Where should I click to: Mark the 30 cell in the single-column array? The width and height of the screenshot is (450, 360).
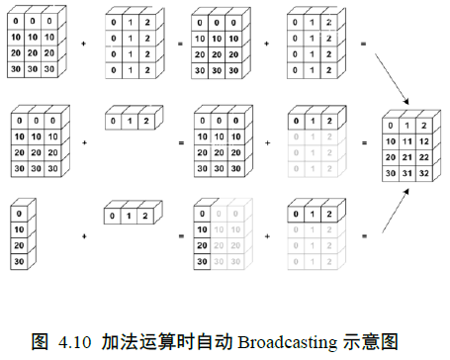coord(20,261)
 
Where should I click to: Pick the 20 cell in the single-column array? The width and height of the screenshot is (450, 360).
coord(20,244)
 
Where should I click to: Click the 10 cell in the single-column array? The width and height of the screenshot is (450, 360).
coord(20,228)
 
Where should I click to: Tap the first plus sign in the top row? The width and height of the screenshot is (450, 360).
coord(83,44)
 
